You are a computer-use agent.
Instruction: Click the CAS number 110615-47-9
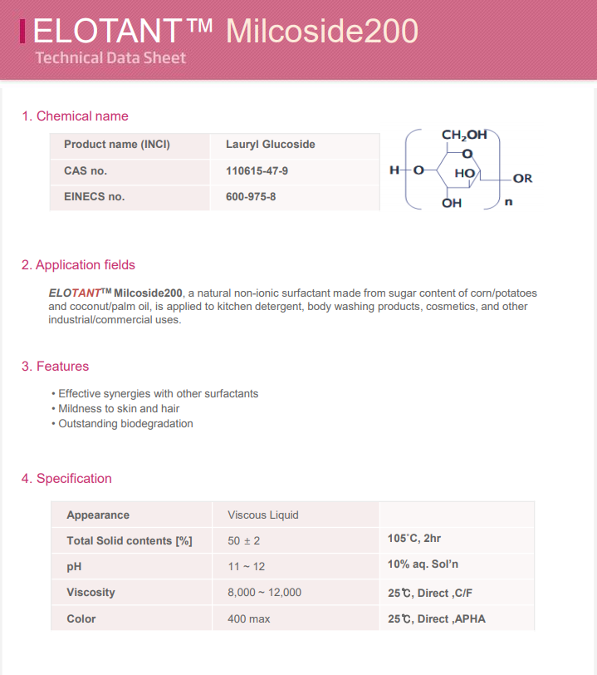(257, 171)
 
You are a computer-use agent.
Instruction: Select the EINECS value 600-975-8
(251, 198)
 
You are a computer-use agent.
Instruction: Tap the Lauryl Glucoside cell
(270, 145)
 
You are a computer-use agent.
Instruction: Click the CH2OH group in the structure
(463, 135)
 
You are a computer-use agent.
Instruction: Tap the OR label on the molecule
(522, 179)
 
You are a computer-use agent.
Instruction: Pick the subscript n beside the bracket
(508, 200)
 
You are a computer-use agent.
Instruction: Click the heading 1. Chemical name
(75, 116)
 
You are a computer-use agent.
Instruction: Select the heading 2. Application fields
(78, 265)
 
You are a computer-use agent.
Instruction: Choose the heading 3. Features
(55, 367)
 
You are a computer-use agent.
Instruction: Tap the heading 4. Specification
(66, 479)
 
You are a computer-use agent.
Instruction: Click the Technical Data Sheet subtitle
(110, 58)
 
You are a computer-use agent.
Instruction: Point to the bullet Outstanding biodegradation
(125, 424)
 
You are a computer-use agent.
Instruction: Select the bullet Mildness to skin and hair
(119, 409)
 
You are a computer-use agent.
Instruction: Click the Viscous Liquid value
(262, 515)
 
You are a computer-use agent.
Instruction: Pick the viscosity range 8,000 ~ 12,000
(264, 593)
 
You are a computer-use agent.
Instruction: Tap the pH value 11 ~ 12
(246, 567)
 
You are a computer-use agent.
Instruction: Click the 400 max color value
(248, 619)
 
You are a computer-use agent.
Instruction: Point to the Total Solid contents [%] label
(129, 541)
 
